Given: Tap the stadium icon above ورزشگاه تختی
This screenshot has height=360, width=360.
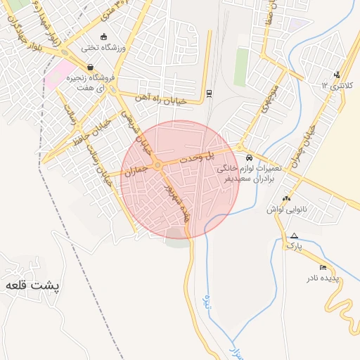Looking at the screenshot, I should click(x=104, y=37).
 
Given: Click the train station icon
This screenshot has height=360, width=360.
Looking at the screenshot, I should click(x=209, y=94).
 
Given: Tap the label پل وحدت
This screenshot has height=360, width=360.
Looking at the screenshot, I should click(x=200, y=159).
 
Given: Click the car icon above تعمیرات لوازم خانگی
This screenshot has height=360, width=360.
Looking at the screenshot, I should click(x=250, y=157).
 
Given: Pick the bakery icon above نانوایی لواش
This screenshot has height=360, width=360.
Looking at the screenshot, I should click(x=285, y=199).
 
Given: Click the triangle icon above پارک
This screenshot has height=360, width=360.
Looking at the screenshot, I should click(x=294, y=236).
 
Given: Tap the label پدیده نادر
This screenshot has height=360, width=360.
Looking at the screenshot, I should click(x=322, y=278).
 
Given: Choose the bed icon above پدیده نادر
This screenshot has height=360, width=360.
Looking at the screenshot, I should click(x=323, y=268).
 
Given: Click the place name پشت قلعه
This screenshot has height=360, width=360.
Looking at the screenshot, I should click(x=33, y=285).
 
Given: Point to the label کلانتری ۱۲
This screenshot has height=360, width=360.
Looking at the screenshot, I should click(x=335, y=85).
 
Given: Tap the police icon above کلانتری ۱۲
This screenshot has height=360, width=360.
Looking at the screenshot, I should click(x=337, y=75).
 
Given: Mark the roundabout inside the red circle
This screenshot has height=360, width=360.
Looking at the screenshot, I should click(x=158, y=166).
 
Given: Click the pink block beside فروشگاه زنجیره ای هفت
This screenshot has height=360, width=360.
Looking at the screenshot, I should click(x=56, y=77).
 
